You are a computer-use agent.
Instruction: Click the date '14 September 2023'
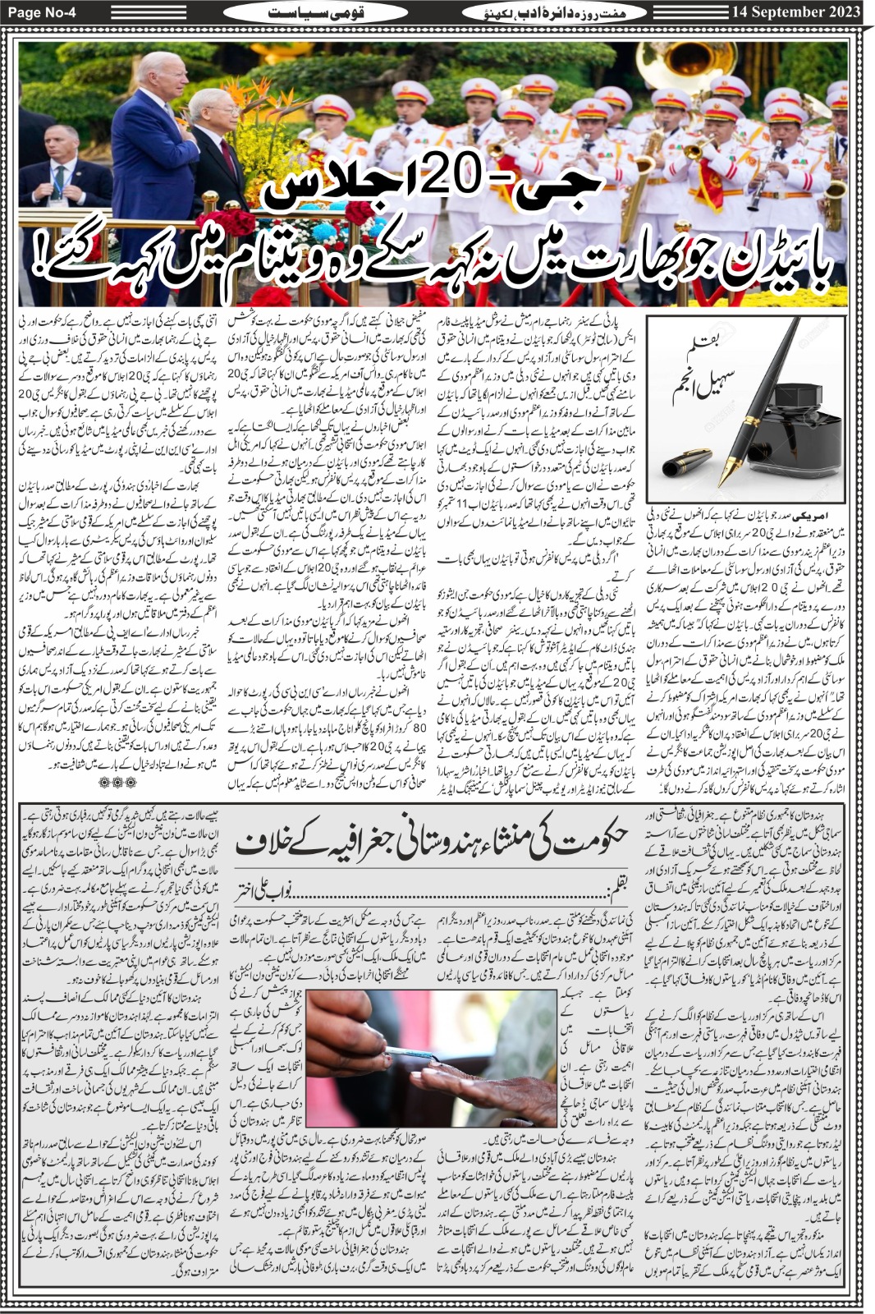click(x=796, y=11)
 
